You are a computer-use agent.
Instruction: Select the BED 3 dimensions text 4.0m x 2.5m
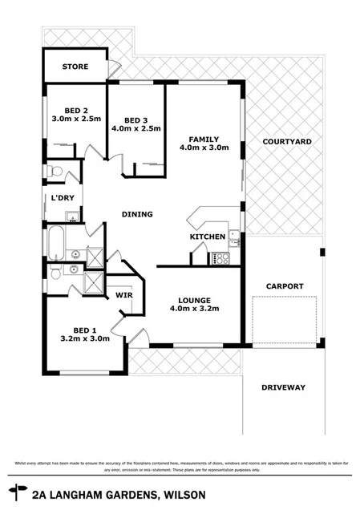point(136,128)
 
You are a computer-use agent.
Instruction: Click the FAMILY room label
point(204,137)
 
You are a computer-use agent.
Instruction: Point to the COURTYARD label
point(286,142)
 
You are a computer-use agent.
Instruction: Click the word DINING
point(137,214)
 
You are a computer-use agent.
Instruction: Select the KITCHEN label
point(206,238)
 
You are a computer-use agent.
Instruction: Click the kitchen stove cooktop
point(220,258)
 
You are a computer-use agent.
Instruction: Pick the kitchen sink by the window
point(233,238)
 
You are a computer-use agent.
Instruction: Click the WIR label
point(123,295)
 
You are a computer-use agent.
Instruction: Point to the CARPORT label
point(284,285)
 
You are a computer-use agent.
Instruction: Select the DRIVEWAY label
point(283,388)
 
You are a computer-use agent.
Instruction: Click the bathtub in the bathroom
point(55,241)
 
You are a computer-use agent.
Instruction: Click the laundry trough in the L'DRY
point(71,214)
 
